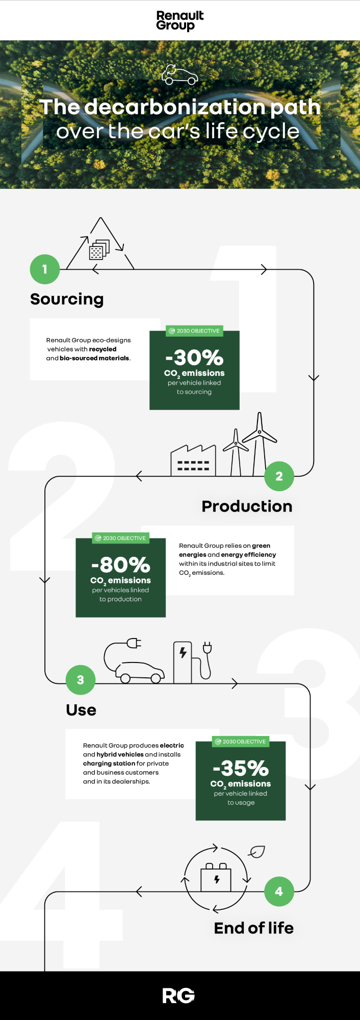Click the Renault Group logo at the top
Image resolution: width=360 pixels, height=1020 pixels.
click(180, 21)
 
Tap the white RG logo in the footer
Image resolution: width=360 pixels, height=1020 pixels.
click(178, 996)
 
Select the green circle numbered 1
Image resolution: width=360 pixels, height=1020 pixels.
click(45, 269)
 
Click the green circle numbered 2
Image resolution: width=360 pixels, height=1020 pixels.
click(279, 476)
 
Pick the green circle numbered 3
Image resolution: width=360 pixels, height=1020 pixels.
click(81, 680)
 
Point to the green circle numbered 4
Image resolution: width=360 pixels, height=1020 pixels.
click(279, 891)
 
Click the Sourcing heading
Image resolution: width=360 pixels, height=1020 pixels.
click(67, 299)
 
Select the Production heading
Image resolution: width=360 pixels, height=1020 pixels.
click(247, 506)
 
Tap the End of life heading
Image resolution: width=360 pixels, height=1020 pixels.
click(254, 928)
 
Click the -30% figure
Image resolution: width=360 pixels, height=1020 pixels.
click(194, 358)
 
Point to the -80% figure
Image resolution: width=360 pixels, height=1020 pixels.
click(121, 565)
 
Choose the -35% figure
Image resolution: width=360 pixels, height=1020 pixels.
click(241, 768)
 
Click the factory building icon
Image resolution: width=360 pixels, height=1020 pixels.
click(193, 461)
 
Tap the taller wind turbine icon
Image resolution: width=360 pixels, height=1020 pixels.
click(260, 444)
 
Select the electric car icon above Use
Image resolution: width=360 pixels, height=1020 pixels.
click(134, 660)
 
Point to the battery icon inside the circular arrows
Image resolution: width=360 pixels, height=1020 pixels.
click(216, 877)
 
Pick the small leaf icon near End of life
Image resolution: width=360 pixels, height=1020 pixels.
click(256, 852)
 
